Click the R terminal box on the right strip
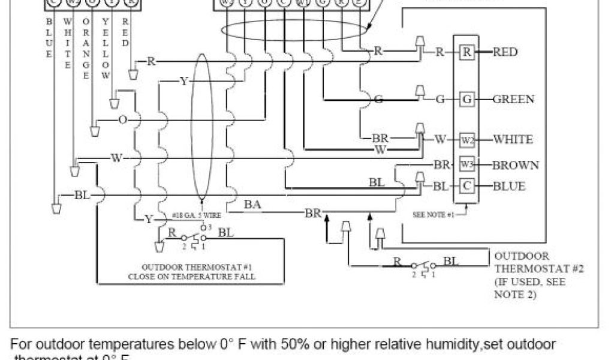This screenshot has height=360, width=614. (467, 52)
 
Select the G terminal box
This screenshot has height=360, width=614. (467, 99)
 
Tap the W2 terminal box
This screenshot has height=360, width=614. (467, 140)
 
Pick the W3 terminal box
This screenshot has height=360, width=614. (467, 164)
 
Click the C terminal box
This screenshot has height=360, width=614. (467, 186)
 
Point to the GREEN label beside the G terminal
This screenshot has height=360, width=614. (513, 99)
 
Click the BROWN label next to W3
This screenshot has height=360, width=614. (515, 164)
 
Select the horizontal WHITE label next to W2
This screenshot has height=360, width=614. (512, 140)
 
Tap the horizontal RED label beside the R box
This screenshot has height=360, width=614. (505, 52)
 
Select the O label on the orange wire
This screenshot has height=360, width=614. (122, 120)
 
